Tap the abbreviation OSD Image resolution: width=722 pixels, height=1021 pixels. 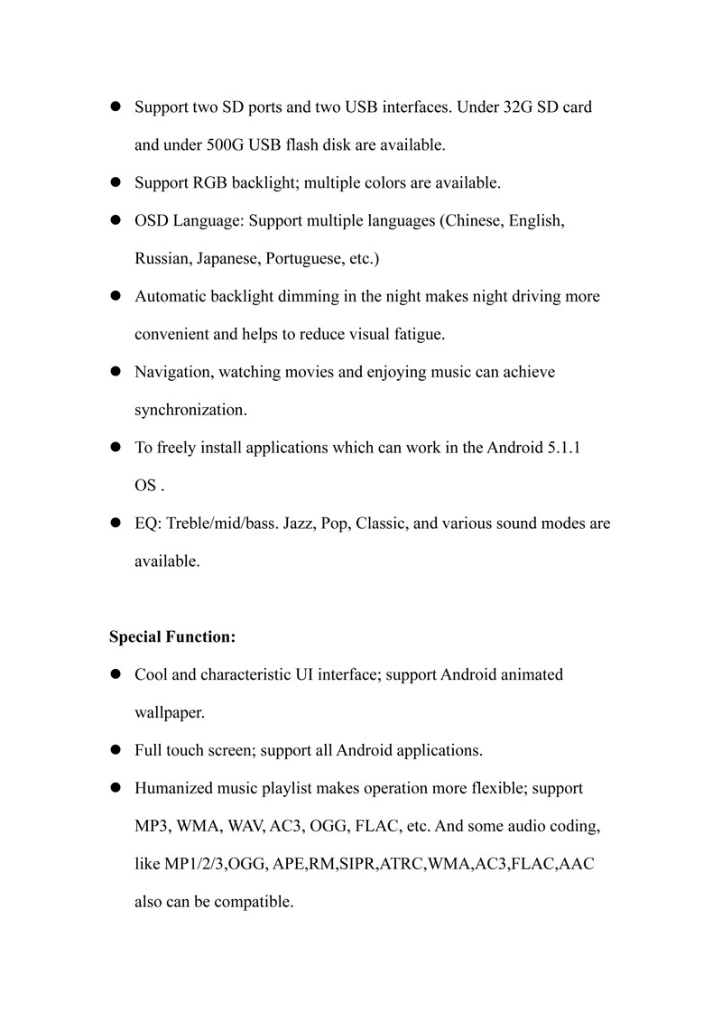[152, 221]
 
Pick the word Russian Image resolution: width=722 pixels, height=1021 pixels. [161, 259]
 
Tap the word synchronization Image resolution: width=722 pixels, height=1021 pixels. [190, 411]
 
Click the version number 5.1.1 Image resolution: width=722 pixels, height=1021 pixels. [563, 449]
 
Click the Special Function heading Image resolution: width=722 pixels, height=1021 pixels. [172, 637]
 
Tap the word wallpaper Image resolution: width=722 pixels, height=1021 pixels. [170, 713]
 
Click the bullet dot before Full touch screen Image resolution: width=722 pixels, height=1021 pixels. [116, 751]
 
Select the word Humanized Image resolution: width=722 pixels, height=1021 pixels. [172, 789]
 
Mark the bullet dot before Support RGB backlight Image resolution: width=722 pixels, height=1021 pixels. [116, 183]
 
